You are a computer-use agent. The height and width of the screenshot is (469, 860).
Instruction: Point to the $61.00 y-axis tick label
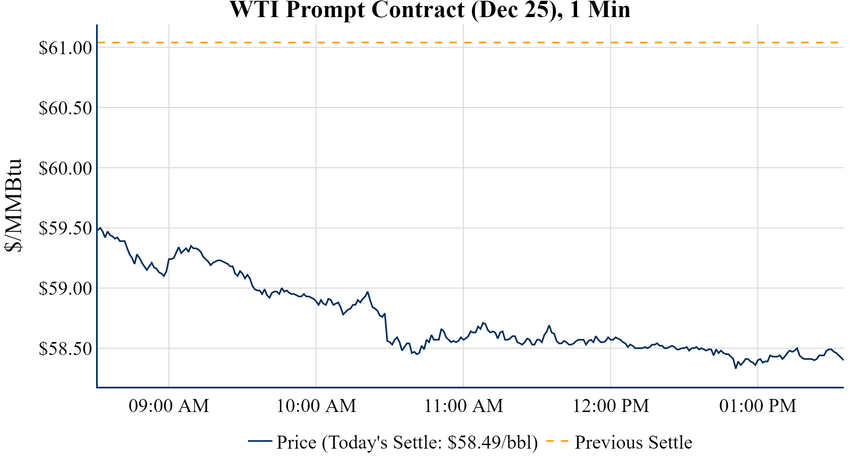[66, 48]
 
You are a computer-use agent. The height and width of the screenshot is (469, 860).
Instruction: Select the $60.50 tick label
[66, 108]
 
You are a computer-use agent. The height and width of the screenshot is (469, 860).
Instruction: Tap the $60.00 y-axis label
[66, 168]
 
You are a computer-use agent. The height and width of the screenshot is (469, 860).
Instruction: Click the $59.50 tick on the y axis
[66, 228]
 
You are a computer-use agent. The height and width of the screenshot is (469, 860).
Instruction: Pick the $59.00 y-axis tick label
[66, 289]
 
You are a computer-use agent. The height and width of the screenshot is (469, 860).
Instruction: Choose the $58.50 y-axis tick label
[66, 349]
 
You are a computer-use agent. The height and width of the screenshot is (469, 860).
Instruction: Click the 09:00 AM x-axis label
[169, 406]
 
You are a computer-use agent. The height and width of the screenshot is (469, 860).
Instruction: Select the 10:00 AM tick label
[316, 406]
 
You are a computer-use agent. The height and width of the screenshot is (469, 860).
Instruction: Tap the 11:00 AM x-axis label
[463, 406]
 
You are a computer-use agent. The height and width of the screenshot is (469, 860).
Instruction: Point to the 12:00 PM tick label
[611, 406]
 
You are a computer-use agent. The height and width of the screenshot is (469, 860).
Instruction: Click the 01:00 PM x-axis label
[758, 406]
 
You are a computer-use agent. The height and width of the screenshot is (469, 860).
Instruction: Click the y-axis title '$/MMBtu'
[13, 206]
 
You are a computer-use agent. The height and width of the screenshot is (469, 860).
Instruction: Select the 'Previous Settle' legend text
[633, 443]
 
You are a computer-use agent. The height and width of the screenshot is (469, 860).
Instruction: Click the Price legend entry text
[407, 443]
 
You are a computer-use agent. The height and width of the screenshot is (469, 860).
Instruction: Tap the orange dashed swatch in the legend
[557, 441]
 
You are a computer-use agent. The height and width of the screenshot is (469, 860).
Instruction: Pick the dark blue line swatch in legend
[260, 441]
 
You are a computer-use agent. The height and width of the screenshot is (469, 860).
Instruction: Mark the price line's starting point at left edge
[98, 230]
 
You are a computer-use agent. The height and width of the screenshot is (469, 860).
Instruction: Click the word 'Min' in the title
[609, 10]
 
